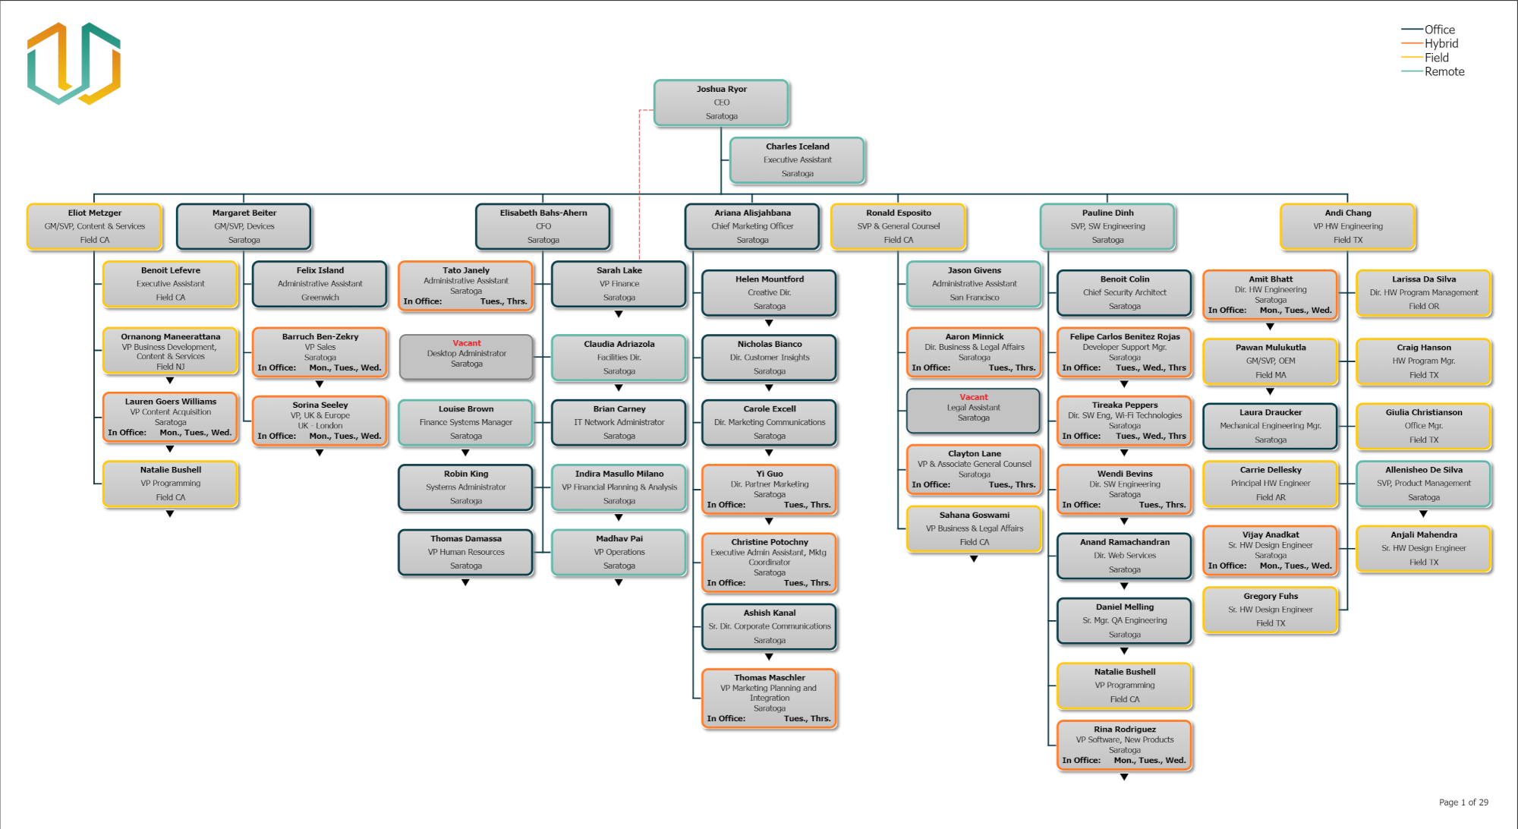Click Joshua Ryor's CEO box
721,102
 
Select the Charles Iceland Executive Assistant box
797,160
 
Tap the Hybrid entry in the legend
1441,43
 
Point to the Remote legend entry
1444,71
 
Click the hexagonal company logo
74,63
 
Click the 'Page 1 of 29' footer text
1463,802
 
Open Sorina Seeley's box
320,421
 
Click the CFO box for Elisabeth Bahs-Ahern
543,226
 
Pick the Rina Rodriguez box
1124,745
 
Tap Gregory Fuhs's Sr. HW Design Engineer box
1270,610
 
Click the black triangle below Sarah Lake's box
619,314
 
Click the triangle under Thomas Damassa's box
465,583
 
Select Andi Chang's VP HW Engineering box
1347,226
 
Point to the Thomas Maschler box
769,698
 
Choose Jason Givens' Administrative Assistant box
974,284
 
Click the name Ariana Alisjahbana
752,213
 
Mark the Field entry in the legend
1436,58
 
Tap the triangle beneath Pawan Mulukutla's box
1270,392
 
